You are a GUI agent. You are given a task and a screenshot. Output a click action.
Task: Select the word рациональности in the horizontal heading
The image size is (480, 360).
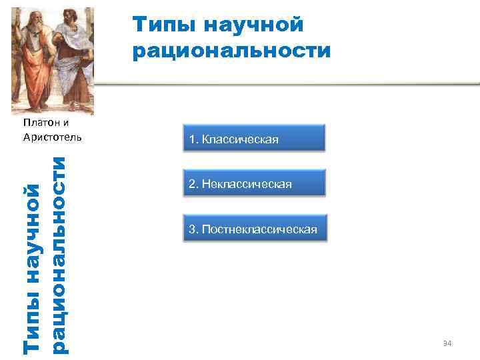pos(231,51)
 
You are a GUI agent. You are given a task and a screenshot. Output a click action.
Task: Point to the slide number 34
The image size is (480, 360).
pos(447,343)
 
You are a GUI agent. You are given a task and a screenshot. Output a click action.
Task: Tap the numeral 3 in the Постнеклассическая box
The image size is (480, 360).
pos(192,229)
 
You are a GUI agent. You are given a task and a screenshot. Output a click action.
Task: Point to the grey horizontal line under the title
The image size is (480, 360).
pos(287,85)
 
